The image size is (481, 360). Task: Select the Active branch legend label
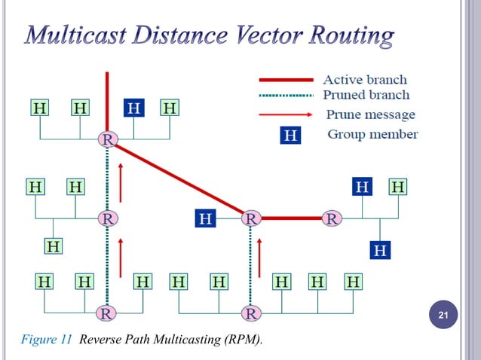coord(365,79)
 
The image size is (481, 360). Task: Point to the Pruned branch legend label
coord(366,95)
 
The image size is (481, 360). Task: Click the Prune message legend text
coord(370,114)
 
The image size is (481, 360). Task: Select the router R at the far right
coord(332,218)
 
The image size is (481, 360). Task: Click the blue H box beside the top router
coord(134,108)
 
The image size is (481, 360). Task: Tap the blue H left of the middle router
coord(206,218)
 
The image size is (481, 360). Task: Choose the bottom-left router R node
coord(108,312)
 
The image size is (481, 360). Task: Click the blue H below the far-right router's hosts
coord(380,249)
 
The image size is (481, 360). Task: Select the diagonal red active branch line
coord(178,178)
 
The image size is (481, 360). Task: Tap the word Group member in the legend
coord(372,135)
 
